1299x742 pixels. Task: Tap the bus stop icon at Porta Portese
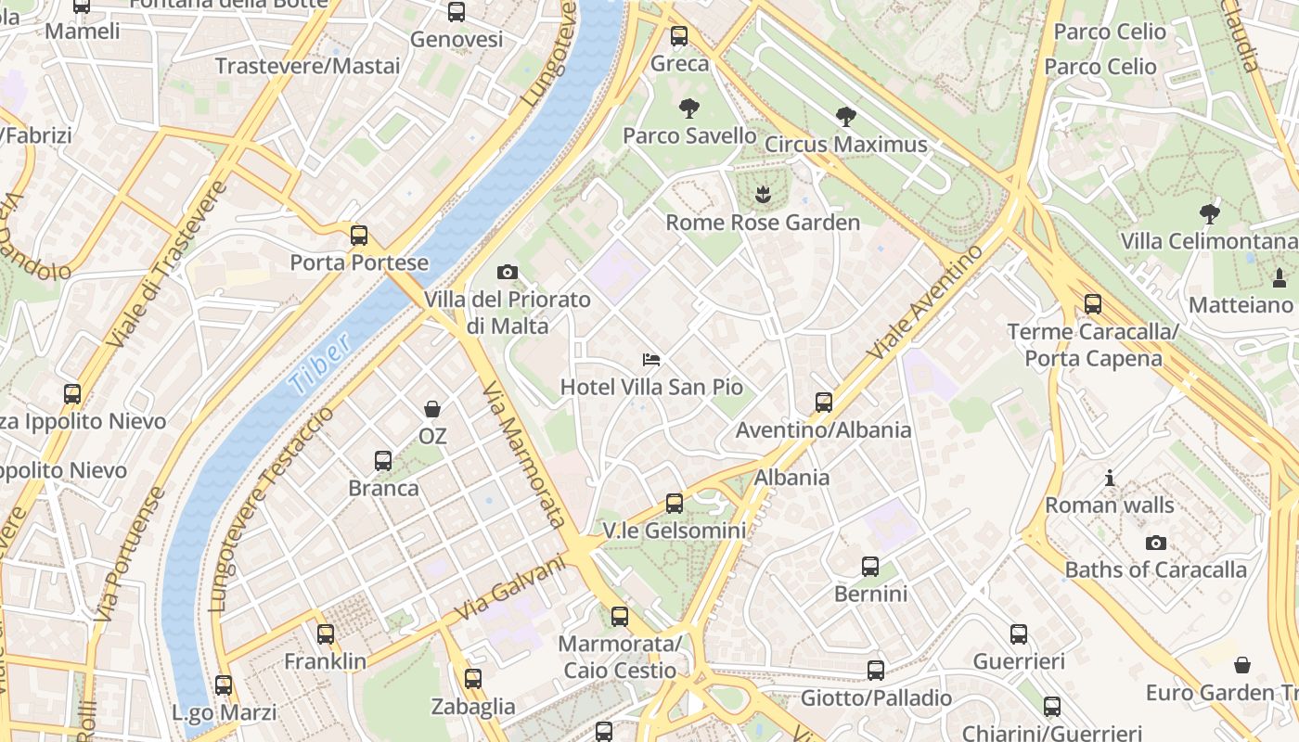coord(359,236)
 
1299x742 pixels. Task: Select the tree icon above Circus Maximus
coord(845,117)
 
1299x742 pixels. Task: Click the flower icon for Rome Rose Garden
coord(762,195)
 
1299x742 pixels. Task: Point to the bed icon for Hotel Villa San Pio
coord(651,359)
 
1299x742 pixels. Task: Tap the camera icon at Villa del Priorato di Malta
coord(507,272)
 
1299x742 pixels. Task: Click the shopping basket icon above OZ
coord(432,408)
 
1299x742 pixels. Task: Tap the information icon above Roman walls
coord(1110,478)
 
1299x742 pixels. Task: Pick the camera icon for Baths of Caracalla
coord(1155,543)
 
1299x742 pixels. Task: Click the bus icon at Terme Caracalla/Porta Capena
coord(1093,303)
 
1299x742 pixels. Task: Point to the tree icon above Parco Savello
coord(688,109)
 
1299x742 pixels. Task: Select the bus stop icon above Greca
coord(679,36)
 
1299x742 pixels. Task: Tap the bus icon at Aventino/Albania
coord(824,403)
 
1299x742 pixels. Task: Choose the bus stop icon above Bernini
coord(870,566)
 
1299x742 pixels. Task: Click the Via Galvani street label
coord(510,589)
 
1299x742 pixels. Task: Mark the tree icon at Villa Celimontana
coord(1209,214)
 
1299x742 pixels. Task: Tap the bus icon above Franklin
coord(325,634)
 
